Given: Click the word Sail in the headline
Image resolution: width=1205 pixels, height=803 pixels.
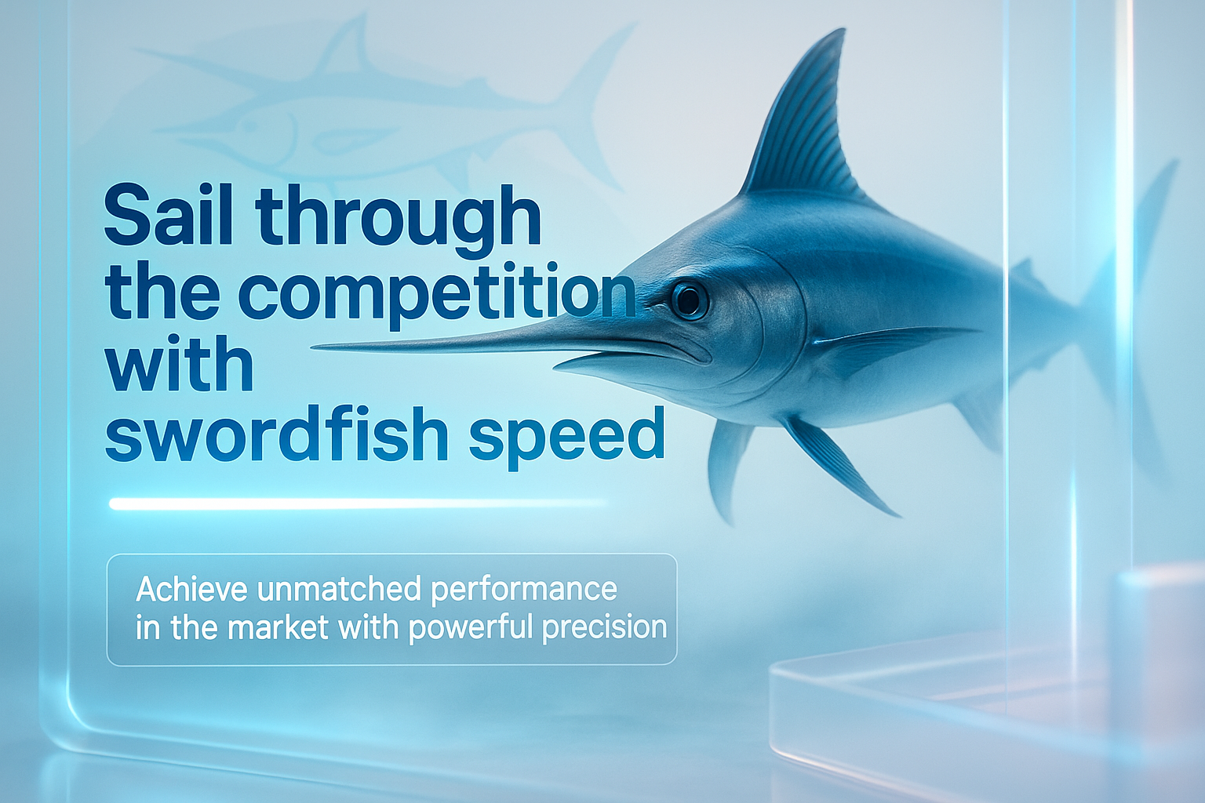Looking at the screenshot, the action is [169, 216].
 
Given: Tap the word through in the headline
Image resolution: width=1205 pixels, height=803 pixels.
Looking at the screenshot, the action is [398, 221].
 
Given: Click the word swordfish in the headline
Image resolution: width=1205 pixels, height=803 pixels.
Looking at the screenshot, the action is [276, 434].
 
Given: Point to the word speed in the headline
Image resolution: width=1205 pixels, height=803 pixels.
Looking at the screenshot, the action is [567, 438].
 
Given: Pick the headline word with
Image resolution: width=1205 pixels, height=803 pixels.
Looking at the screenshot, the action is [179, 362].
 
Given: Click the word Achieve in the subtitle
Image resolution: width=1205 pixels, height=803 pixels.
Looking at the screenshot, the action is [191, 589].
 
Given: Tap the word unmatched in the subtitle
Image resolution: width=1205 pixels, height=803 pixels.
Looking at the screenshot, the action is [339, 589].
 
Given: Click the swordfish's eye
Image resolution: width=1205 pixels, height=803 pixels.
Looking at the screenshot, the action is [689, 300].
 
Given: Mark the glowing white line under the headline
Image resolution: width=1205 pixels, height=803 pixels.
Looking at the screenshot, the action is [357, 504].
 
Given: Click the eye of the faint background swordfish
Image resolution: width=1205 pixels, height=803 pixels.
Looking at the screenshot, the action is [249, 126].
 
